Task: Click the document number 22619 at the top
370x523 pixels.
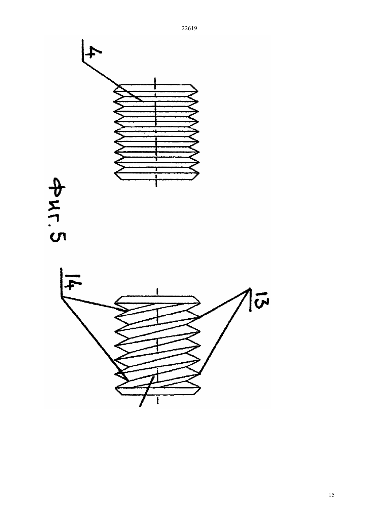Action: [x=189, y=29]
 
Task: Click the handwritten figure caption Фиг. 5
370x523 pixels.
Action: [x=57, y=210]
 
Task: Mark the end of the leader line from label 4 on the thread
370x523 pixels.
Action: [x=143, y=101]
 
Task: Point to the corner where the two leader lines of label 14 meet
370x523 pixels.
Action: [x=61, y=297]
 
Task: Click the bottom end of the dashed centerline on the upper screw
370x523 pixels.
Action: [x=156, y=187]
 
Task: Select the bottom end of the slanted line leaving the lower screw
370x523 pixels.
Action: [x=140, y=406]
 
